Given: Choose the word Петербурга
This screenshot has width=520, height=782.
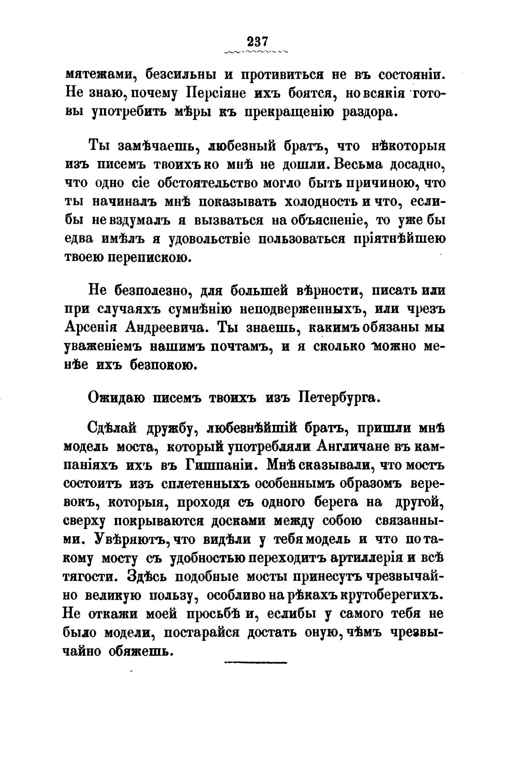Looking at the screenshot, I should click(x=338, y=397).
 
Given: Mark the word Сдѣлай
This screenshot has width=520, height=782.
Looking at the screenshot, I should click(x=112, y=429).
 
